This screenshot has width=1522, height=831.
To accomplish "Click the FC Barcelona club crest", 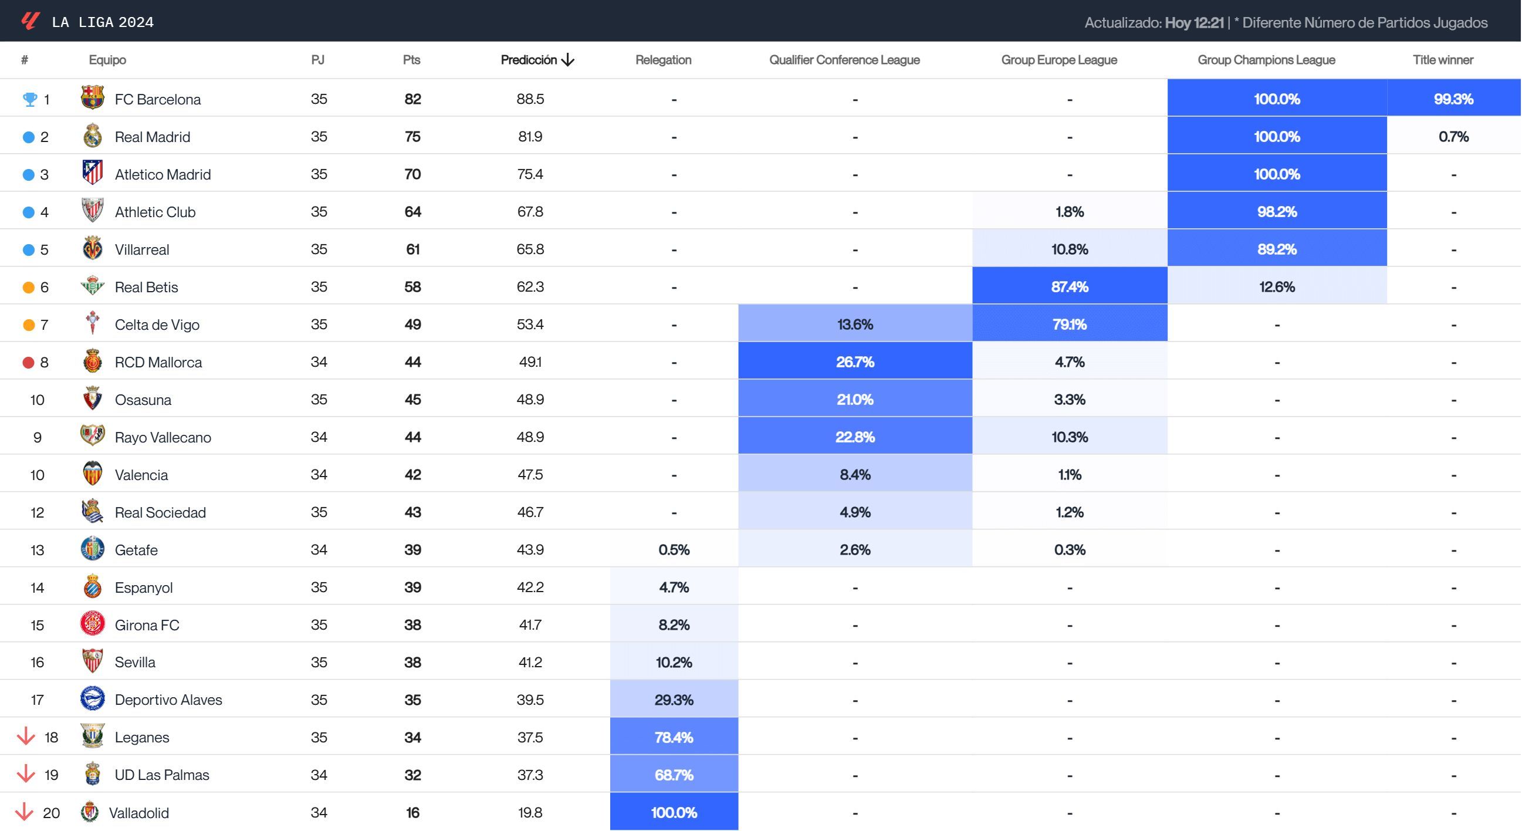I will click(x=93, y=98).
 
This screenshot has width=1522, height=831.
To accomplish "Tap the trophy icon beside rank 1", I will click(x=29, y=99).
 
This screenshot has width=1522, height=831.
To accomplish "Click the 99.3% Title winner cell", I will click(x=1453, y=99).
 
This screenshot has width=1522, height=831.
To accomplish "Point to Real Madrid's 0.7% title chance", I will click(x=1453, y=137).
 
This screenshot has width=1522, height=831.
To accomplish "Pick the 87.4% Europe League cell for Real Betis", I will click(x=1069, y=286).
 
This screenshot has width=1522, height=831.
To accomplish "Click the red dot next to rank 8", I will click(x=28, y=362).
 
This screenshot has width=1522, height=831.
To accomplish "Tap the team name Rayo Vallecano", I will click(x=163, y=437).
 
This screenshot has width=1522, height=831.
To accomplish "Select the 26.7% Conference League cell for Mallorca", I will click(x=854, y=362).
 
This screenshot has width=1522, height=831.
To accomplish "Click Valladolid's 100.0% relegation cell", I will click(x=674, y=812).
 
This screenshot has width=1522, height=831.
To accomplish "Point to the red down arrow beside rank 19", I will click(x=25, y=773).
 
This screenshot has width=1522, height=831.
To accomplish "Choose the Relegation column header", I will click(x=663, y=60).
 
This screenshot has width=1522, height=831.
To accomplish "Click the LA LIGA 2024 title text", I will click(x=103, y=22).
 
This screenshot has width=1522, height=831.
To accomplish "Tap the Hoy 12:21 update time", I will click(x=1193, y=22).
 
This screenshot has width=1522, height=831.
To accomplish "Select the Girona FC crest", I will click(x=93, y=624).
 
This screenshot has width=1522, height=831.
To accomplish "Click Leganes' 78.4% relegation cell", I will click(x=674, y=737).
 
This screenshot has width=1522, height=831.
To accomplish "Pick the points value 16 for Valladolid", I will click(x=412, y=813).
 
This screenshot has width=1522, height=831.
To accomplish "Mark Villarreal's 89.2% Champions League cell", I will click(x=1276, y=249).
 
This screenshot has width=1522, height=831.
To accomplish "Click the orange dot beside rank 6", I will click(x=28, y=287).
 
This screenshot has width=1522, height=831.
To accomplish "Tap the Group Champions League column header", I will click(x=1266, y=60).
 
